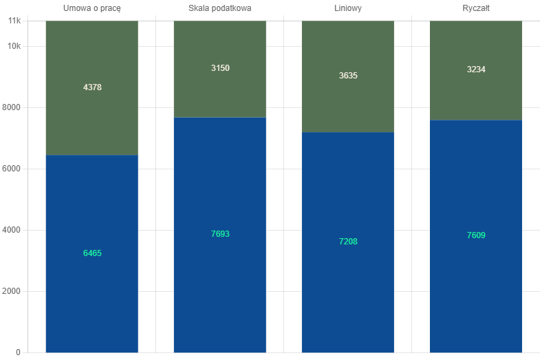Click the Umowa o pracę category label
[92, 9]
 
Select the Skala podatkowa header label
[219, 8]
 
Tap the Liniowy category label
[348, 9]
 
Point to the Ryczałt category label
[476, 9]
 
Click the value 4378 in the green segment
[92, 87]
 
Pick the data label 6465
[92, 253]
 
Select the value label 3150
[220, 68]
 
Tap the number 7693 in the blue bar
[220, 234]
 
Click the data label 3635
[348, 76]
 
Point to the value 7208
[348, 242]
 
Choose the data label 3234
[476, 70]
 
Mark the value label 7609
[476, 235]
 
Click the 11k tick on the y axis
[14, 21]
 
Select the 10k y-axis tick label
[14, 46]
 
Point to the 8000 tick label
[12, 107]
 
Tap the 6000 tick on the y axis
[12, 169]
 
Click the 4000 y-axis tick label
[12, 230]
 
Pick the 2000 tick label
[12, 291]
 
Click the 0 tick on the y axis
[19, 352]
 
